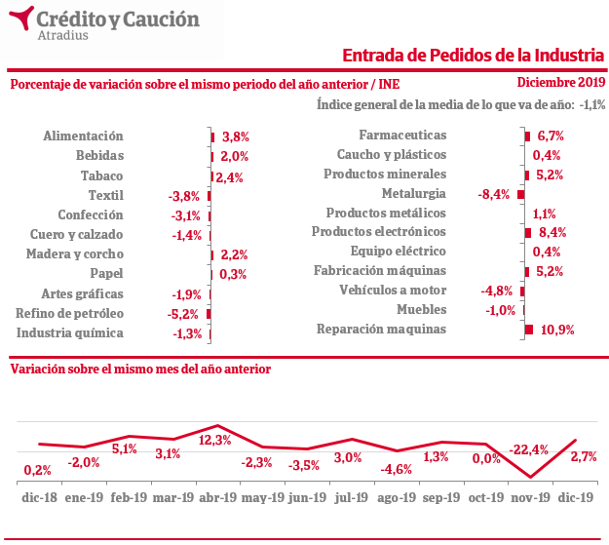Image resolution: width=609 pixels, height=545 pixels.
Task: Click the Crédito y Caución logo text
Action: click(117, 19)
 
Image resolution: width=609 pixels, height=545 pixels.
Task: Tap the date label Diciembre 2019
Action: click(561, 83)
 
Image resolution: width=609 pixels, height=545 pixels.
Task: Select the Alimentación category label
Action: click(84, 136)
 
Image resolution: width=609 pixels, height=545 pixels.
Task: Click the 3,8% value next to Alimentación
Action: click(236, 137)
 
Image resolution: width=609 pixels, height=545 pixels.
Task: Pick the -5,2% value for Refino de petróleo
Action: click(184, 314)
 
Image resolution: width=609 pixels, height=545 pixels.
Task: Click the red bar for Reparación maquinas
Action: click(529, 330)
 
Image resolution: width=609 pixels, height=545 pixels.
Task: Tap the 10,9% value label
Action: click(557, 330)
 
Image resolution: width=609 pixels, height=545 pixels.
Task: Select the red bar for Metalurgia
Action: click(520, 194)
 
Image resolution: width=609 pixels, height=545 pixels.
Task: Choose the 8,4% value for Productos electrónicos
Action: click(552, 232)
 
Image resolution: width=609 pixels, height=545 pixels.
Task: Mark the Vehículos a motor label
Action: click(393, 290)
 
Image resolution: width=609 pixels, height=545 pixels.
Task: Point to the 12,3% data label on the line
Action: click(214, 440)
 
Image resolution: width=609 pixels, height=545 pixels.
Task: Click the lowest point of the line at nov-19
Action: click(529, 477)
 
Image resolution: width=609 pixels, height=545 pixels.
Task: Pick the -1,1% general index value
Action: click(591, 104)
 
